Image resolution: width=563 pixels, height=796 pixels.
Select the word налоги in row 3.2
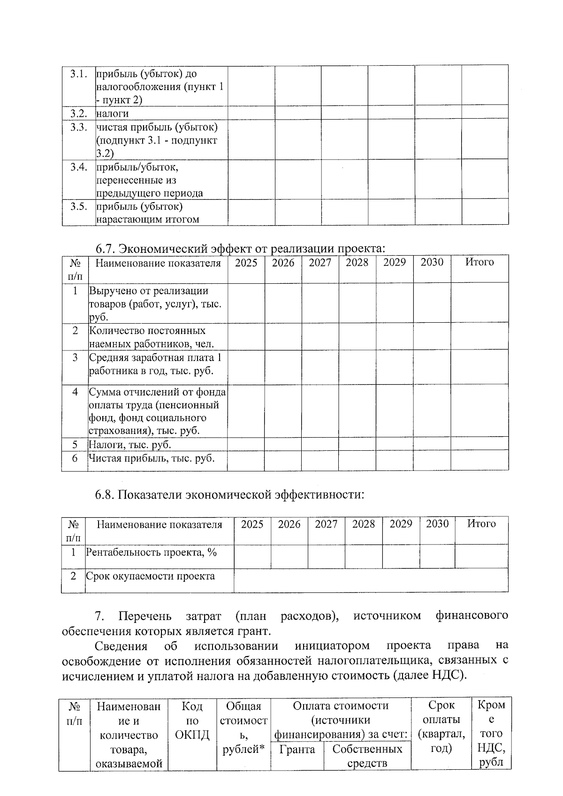(x=113, y=114)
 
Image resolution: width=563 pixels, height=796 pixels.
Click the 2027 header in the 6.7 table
(x=320, y=263)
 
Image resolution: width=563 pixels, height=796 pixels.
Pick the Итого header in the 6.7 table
(x=479, y=262)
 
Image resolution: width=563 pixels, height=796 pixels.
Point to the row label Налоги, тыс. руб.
(x=130, y=444)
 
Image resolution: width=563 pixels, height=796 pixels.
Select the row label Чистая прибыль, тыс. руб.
(x=152, y=458)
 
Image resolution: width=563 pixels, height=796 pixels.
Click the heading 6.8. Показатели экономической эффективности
(x=230, y=494)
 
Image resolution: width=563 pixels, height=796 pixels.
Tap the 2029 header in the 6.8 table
(x=401, y=524)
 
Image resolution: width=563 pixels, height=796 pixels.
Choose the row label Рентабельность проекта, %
(x=151, y=552)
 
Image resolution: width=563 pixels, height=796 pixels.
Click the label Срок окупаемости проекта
(x=150, y=576)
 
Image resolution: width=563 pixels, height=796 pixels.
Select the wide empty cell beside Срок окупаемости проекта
(x=371, y=580)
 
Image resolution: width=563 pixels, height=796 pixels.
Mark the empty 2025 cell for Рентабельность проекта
(x=252, y=556)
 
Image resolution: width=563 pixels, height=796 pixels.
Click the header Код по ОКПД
(x=192, y=720)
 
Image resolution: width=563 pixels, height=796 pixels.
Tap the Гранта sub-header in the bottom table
(x=297, y=749)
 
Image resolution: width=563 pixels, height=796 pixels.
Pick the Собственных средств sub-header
(x=367, y=756)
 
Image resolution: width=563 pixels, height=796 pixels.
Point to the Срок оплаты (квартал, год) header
(x=441, y=727)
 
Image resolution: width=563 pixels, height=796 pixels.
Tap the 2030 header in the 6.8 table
(x=437, y=524)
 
